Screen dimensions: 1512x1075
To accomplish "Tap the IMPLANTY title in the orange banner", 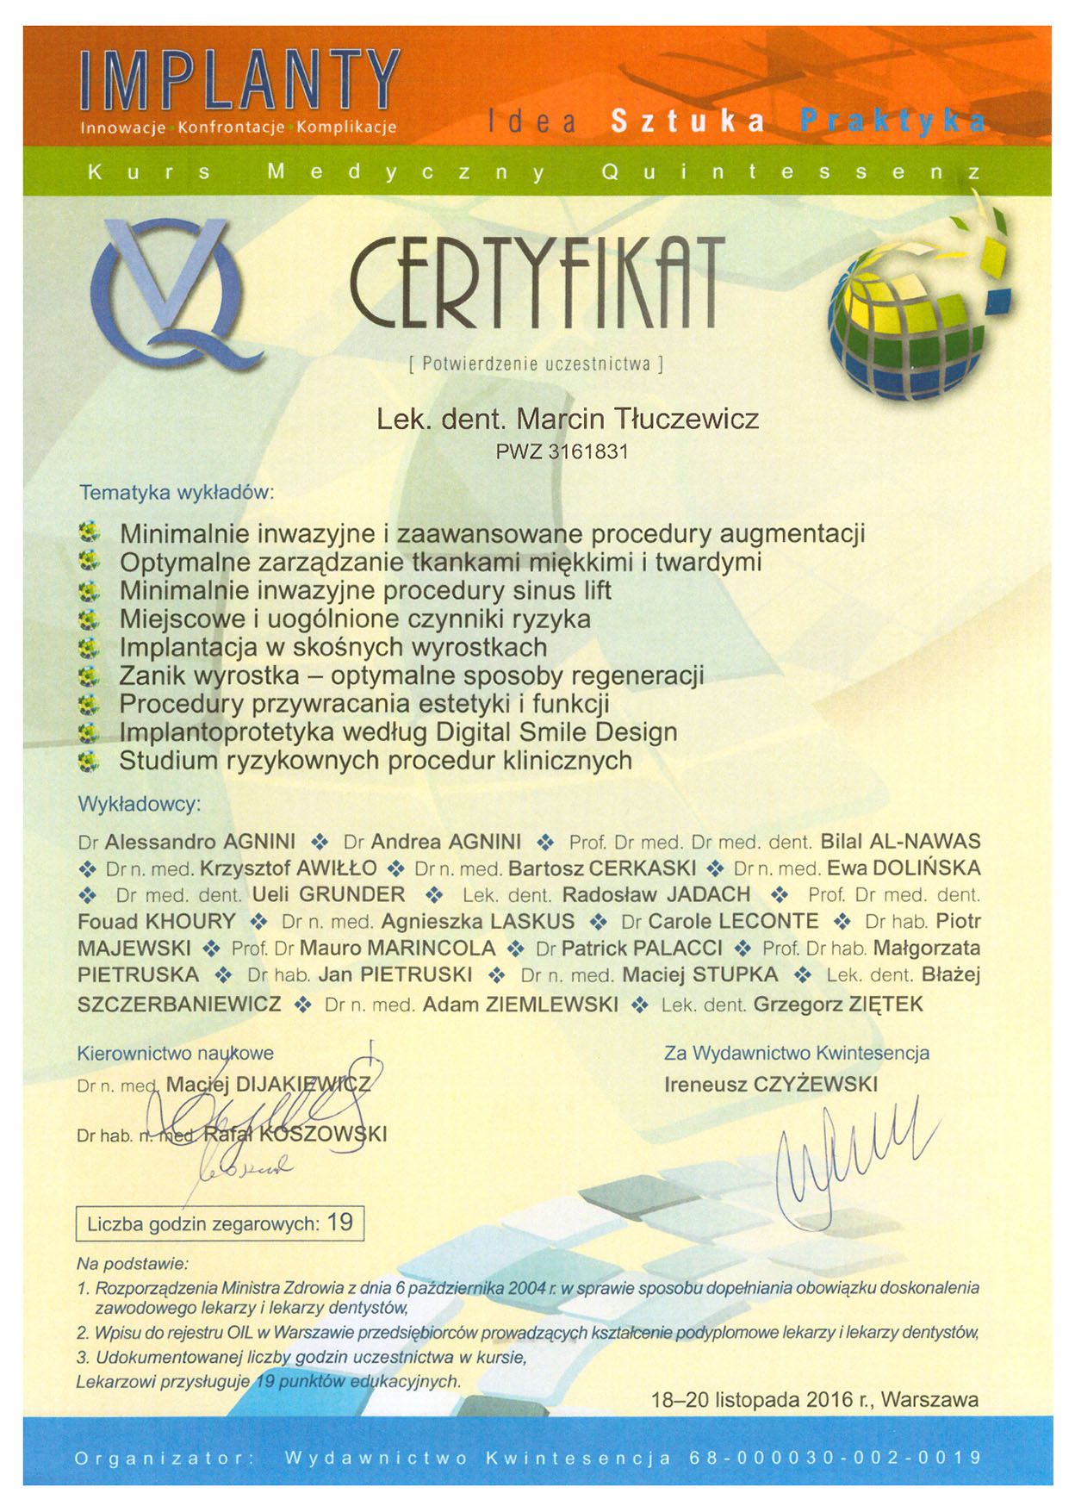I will tap(240, 81).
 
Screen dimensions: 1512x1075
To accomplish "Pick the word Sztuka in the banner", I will tap(687, 121).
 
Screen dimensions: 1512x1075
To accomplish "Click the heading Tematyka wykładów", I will tap(177, 493).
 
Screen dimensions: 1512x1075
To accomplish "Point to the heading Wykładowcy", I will tap(140, 804).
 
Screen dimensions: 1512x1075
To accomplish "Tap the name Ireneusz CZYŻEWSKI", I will tap(771, 1084).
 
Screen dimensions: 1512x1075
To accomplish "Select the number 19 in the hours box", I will tap(340, 1223).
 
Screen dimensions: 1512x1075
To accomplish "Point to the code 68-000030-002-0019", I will tap(835, 1459).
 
